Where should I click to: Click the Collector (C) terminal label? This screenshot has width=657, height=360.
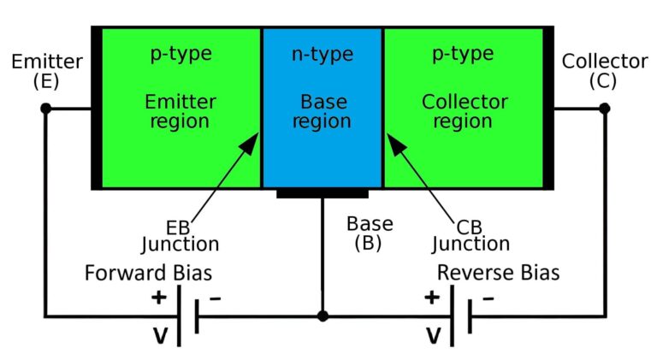604,71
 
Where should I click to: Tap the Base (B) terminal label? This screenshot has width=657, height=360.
370,233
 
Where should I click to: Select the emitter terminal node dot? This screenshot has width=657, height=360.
46,109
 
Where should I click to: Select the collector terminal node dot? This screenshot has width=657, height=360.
604,109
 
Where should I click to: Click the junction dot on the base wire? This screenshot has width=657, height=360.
323,316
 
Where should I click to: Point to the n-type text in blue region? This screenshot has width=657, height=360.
322,56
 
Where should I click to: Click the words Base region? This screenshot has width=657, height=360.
322,112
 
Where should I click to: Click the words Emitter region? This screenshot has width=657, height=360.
181,111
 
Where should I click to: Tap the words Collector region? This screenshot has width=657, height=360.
465,111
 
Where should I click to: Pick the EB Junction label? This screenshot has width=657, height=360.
180,235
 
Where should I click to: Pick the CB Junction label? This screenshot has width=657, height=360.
471,235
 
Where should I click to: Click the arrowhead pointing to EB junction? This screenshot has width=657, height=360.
249,142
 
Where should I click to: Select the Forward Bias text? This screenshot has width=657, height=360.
148,274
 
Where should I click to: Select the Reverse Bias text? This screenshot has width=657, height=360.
499,274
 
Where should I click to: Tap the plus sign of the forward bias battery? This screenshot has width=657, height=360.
158,298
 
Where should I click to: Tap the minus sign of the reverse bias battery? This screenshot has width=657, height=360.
488,298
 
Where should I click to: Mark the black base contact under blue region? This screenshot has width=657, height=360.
323,194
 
